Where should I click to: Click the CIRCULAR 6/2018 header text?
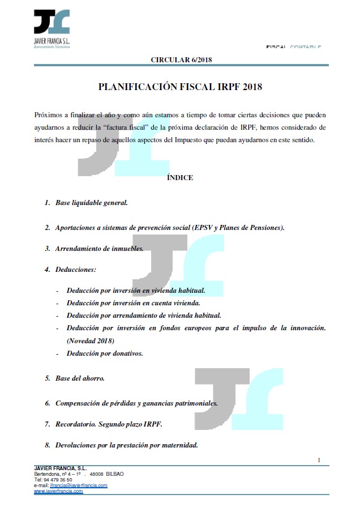[181, 59]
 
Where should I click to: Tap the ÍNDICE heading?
[180, 178]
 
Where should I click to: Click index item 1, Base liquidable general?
[91, 202]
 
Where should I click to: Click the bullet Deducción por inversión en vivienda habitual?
[135, 290]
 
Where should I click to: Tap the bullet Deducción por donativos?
[105, 353]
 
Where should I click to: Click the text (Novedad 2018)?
[91, 340]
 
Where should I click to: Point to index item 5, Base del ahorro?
[79, 377]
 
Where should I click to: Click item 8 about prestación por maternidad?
[126, 445]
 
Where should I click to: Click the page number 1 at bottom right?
[319, 459]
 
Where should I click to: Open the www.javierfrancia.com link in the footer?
[58, 491]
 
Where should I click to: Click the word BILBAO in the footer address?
[115, 474]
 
